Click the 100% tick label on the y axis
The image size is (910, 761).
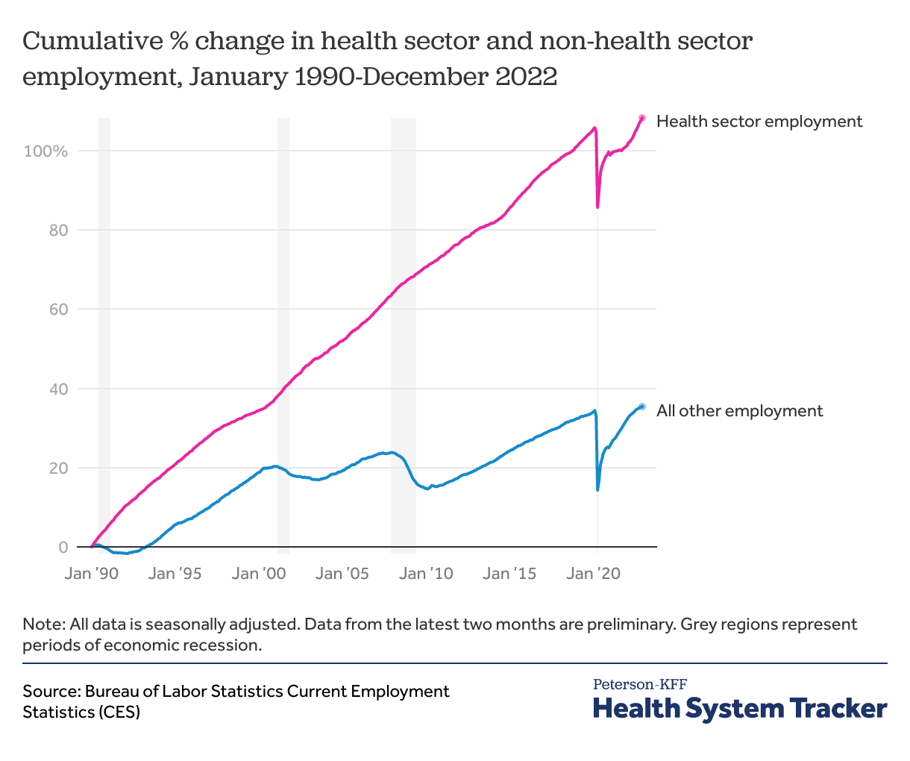45,151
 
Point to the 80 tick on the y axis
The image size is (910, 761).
58,231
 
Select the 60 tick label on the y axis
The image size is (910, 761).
58,310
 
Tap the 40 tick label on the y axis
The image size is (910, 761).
58,389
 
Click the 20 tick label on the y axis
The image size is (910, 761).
58,469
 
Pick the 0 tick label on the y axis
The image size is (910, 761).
63,548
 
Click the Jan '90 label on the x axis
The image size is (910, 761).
92,574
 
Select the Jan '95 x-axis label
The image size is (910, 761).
175,574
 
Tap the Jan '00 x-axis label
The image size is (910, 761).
259,574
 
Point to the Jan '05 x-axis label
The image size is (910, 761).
342,574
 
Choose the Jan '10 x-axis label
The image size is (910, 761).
426,574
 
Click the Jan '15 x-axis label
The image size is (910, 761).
509,574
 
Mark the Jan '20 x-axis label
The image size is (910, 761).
593,574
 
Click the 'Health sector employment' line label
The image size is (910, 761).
759,121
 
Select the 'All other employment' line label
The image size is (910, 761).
739,410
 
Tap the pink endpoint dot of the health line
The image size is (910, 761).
641,118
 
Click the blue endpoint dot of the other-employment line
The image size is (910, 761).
641,407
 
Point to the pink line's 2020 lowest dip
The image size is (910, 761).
597,207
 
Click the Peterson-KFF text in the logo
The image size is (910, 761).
640,683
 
